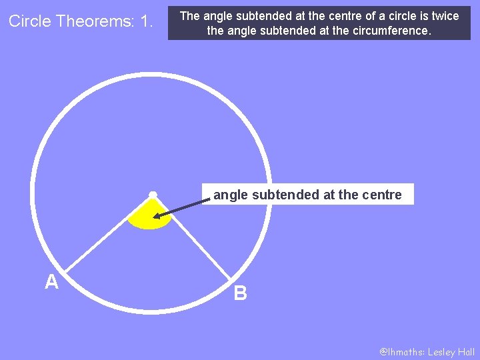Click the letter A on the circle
coord(51,283)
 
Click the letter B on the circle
coord(241,293)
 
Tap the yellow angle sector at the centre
coord(150,217)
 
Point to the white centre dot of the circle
coord(153,195)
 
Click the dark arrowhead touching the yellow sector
coord(157,216)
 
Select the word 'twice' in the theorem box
coord(445,16)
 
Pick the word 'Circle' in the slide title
coord(30,21)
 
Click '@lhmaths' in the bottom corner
coord(401,352)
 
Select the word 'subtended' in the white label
coord(277,195)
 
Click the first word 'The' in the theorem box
coord(190,16)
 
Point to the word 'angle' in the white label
coord(229,195)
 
